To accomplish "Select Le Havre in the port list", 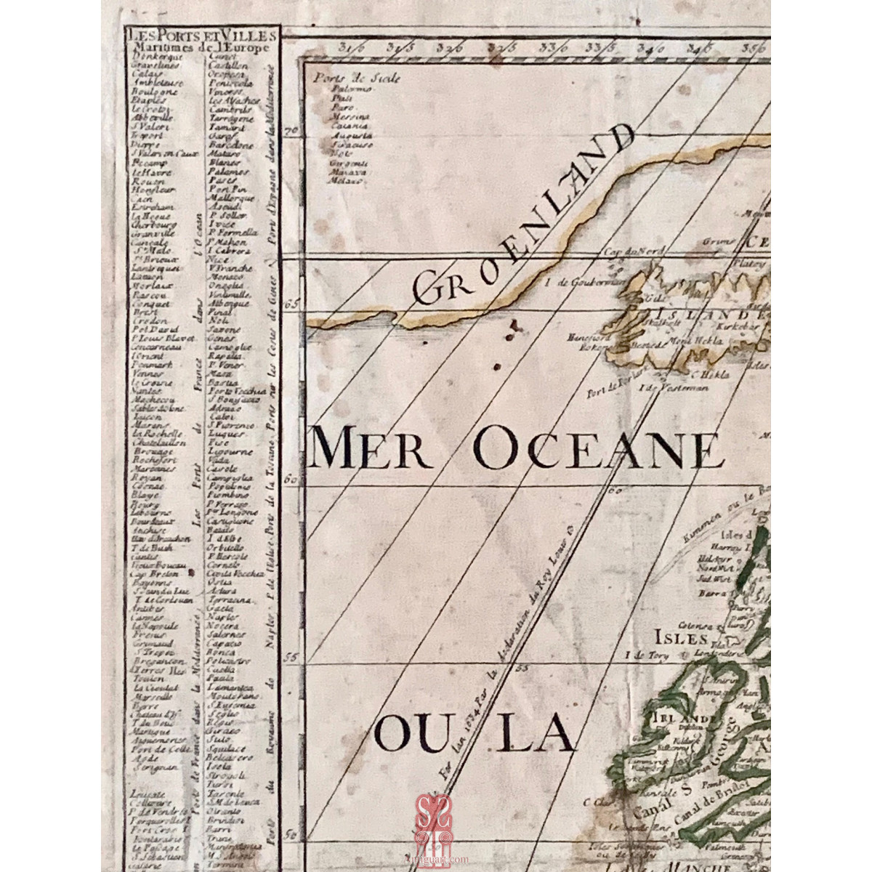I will coord(150,171).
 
